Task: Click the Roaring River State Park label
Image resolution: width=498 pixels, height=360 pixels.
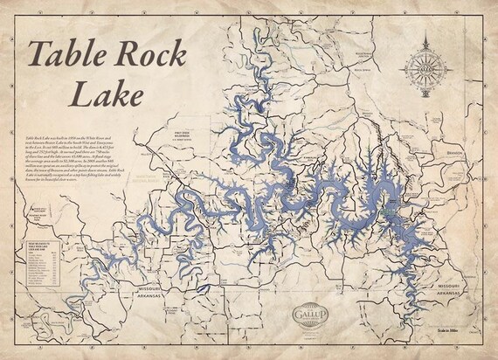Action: click(41, 211)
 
